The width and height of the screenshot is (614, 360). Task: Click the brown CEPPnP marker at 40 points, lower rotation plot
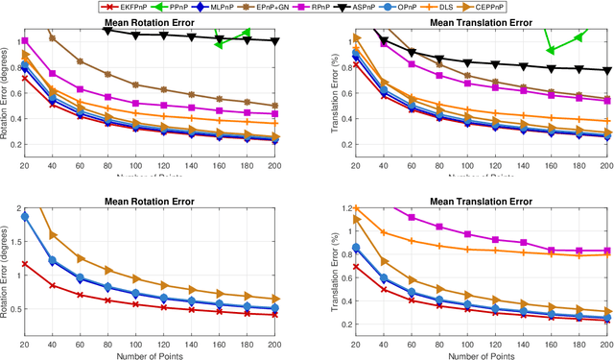coord(53,234)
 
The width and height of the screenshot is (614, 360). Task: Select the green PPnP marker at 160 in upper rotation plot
coord(219,44)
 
